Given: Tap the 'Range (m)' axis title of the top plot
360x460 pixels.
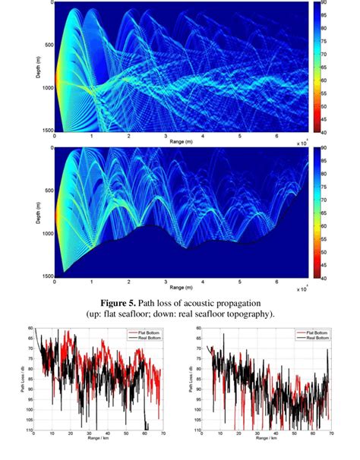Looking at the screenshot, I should [181, 142].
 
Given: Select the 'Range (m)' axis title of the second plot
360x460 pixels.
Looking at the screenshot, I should [181, 288].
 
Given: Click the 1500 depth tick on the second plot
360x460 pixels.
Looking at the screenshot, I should [46, 277].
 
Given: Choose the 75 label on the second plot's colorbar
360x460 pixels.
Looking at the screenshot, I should [323, 200].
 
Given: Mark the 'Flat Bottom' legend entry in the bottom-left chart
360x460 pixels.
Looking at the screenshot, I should [147, 332].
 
